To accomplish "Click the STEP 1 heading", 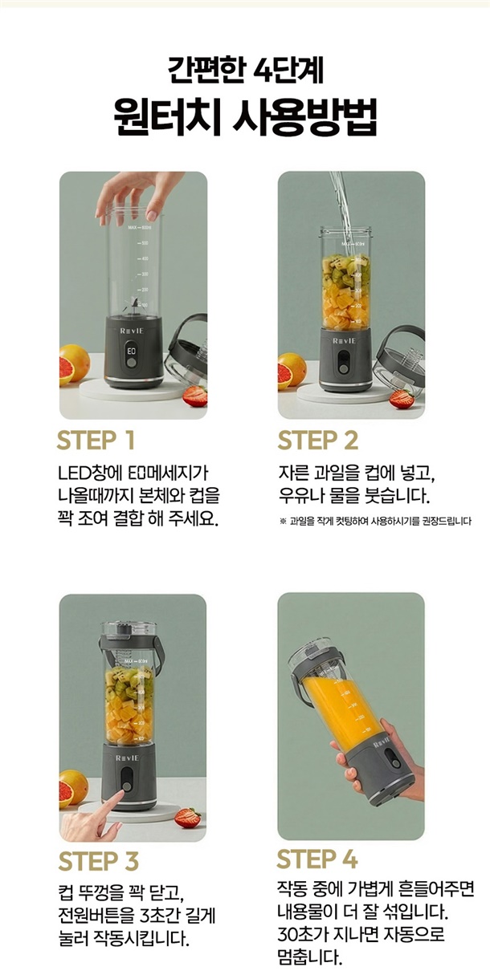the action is point(96,440).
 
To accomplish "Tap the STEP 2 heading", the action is point(317,440).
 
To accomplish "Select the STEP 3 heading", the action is point(99,861).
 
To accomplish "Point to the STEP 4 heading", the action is point(317,859).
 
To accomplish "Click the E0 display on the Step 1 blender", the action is point(132,351).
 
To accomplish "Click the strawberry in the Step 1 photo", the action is point(194,396).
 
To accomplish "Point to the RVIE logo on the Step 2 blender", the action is point(344,341).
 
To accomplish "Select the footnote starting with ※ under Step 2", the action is point(375,521).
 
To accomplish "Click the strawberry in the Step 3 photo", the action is point(188,818).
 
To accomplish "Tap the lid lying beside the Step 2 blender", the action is point(398,356).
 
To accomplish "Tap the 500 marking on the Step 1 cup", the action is point(144,242).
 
